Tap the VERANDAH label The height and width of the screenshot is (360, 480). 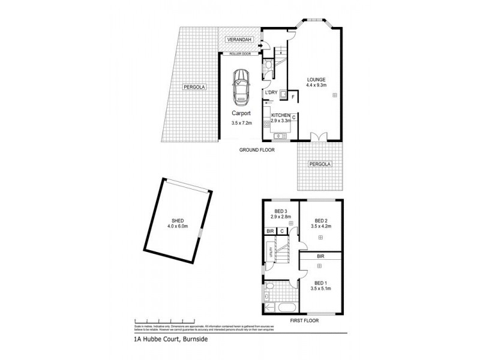[x=237, y=40]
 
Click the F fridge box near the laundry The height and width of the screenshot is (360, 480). [x=293, y=97]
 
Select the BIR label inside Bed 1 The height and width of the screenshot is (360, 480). [x=320, y=256]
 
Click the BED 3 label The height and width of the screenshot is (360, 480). [x=280, y=211]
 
